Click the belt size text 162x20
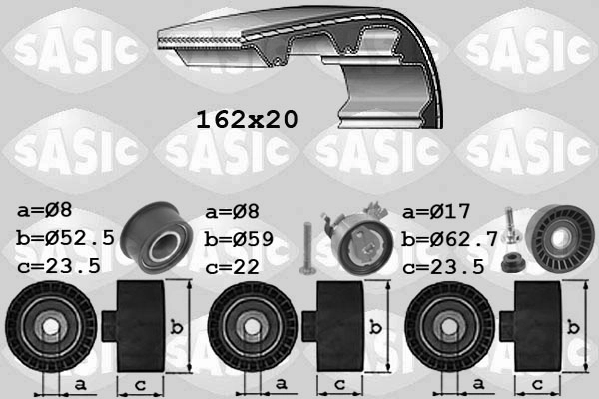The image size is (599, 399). click(x=245, y=120)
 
